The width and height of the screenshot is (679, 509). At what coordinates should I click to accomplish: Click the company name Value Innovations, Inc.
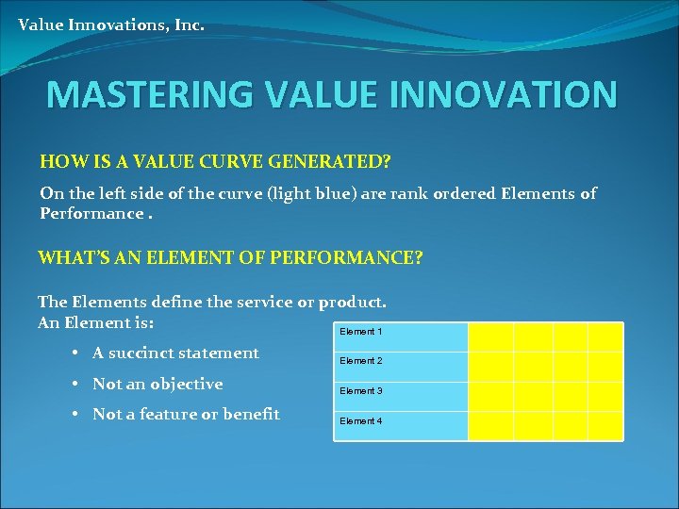(x=110, y=25)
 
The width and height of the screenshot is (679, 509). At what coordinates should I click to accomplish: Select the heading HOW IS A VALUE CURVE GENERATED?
(x=215, y=162)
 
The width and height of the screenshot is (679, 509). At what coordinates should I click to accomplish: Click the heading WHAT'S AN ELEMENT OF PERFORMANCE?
(x=230, y=256)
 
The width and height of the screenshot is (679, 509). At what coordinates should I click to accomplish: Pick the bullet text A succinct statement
(x=175, y=353)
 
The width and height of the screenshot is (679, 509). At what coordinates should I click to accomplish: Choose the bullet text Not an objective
(x=157, y=384)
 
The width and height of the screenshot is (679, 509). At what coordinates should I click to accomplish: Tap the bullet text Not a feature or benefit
(x=186, y=414)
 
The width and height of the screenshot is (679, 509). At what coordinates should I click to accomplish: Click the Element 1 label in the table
(x=361, y=332)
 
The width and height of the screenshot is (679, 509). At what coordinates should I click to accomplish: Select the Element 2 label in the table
(x=361, y=361)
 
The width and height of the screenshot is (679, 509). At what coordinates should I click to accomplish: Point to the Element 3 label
(x=361, y=391)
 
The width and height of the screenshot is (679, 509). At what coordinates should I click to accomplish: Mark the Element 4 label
(x=361, y=421)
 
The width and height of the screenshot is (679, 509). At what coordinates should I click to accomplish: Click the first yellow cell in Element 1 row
(x=490, y=337)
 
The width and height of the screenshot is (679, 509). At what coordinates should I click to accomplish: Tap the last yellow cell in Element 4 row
(x=605, y=426)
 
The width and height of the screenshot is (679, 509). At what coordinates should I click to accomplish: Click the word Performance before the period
(x=91, y=213)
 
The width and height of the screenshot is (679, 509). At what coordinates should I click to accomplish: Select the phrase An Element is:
(x=96, y=322)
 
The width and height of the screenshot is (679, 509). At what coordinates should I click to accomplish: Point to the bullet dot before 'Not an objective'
(x=74, y=385)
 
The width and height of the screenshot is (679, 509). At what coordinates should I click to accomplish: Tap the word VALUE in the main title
(x=316, y=95)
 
